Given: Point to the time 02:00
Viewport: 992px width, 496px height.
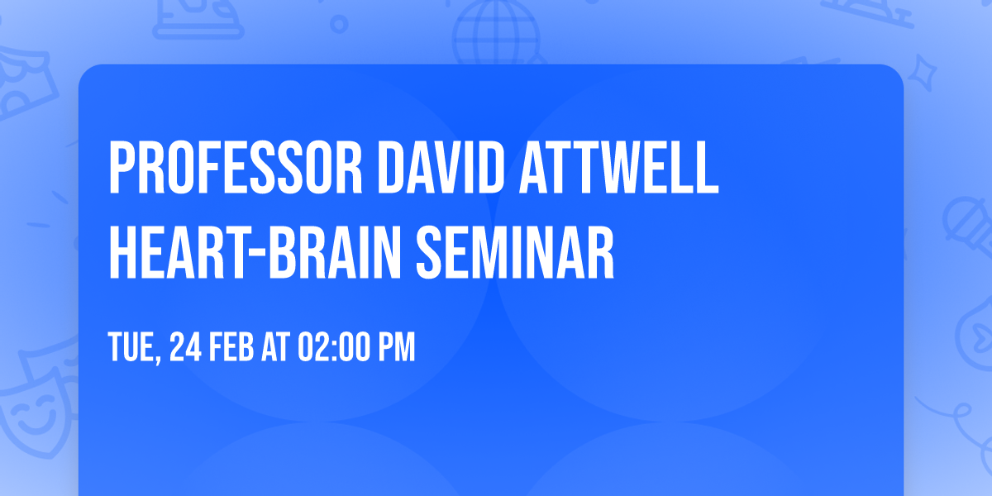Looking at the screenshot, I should point(331,348).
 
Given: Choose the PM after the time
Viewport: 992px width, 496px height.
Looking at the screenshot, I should point(395,348).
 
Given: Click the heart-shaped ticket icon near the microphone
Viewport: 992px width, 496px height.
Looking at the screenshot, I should point(975,327).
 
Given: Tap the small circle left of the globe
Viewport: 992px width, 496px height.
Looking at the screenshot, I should point(340,23).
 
